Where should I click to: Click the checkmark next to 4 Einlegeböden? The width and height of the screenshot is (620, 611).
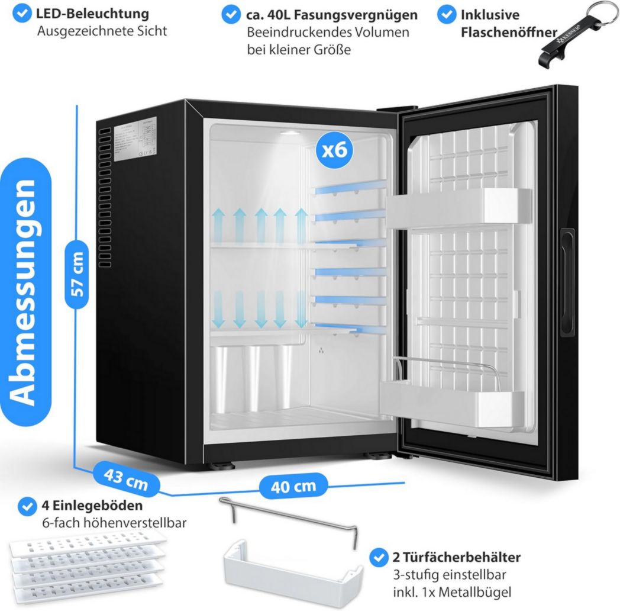click(27, 507)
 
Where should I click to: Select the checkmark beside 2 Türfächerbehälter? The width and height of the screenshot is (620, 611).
click(378, 557)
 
